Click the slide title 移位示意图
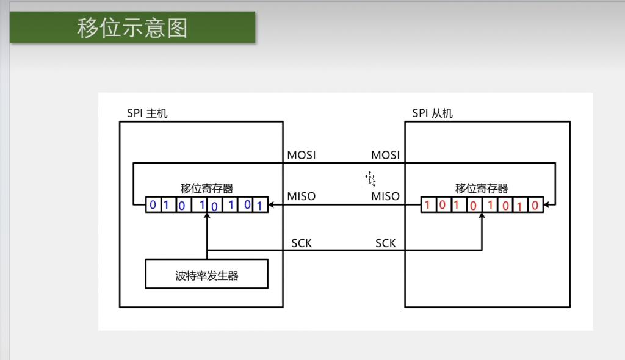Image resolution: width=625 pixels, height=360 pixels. point(132,28)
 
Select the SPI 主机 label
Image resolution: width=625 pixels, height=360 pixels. point(146,113)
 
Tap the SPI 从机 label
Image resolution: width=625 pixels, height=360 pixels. point(433,113)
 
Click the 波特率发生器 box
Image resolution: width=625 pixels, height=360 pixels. point(207,275)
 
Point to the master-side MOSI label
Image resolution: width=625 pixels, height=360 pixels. point(302,155)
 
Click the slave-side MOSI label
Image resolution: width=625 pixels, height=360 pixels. point(385,155)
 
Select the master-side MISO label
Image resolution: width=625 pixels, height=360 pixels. point(302,196)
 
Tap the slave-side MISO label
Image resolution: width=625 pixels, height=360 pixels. point(385,196)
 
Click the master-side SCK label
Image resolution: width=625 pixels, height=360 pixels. point(301,243)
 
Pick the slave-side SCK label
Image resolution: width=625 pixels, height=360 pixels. point(385,243)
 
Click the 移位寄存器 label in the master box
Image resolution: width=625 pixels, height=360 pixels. point(207,188)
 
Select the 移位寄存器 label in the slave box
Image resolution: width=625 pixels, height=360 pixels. point(482,188)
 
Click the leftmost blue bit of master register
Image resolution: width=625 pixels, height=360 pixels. point(153,204)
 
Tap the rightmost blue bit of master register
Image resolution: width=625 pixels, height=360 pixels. point(261,206)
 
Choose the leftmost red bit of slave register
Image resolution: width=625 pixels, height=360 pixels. point(427,204)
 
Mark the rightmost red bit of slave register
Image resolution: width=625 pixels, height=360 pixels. point(535,205)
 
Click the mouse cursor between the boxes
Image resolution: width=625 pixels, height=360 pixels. point(370,178)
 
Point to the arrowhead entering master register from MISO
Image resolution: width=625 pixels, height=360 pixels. point(272,204)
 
